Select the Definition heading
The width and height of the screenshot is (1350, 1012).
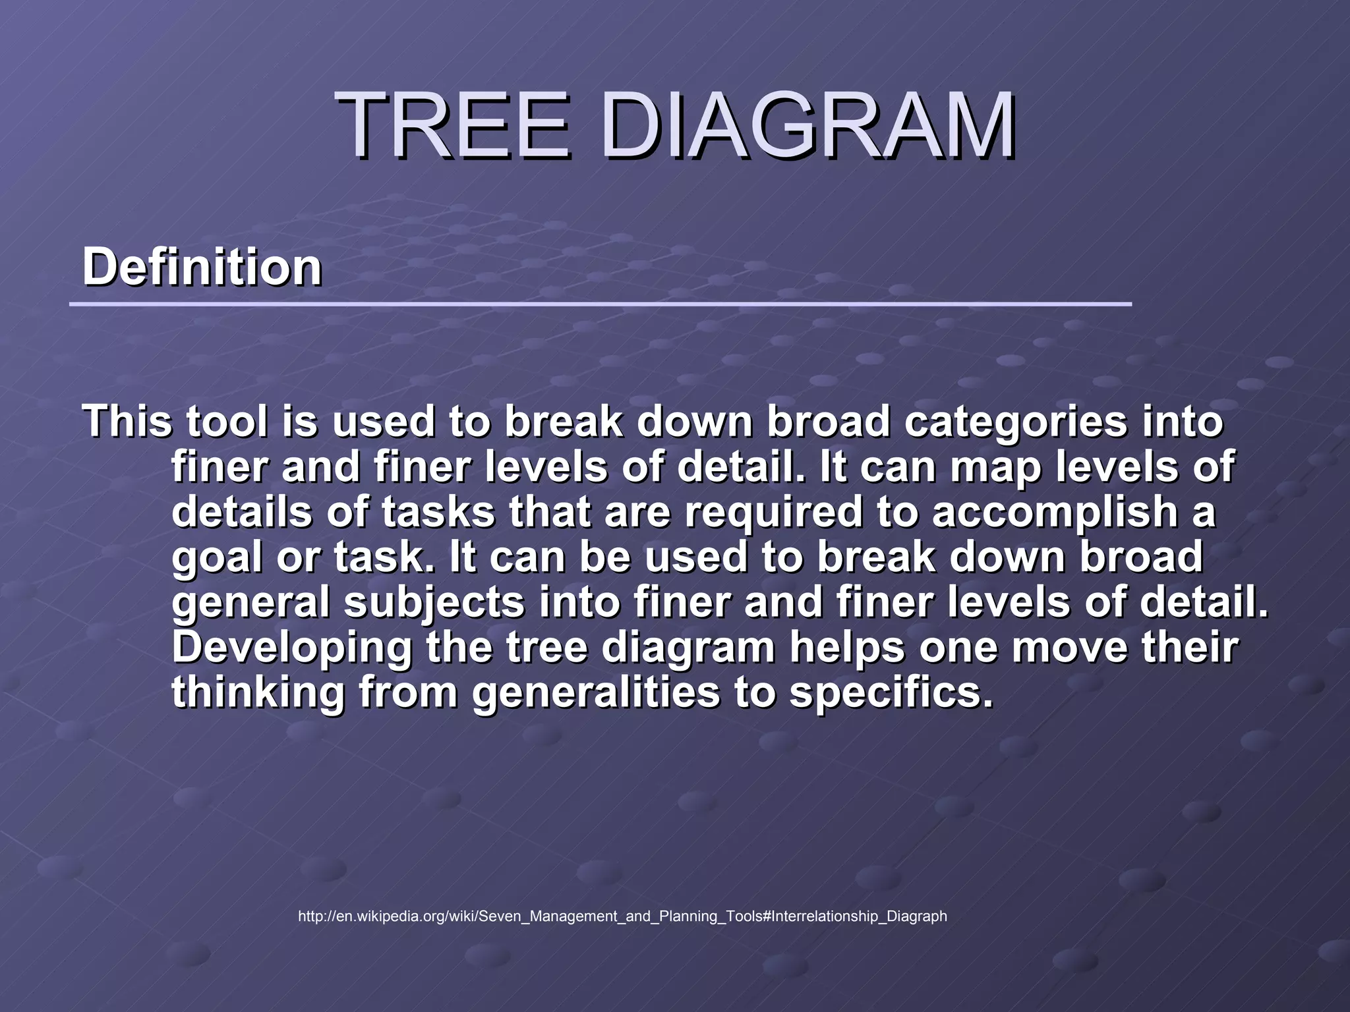pos(202,267)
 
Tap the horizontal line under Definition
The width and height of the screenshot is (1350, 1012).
pos(600,304)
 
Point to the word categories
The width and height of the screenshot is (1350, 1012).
pos(1016,422)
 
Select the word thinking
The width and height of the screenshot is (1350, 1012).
pos(258,693)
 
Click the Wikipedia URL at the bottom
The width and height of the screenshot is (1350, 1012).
pos(622,916)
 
